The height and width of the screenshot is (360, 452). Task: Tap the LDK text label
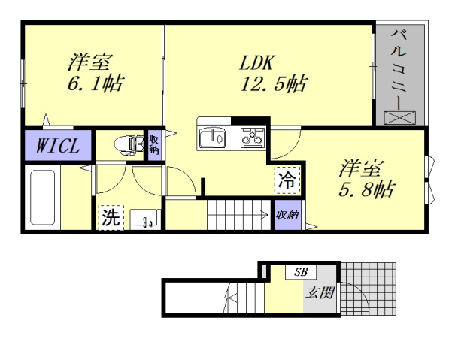coord(259,62)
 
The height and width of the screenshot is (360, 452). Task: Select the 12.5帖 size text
coord(272,83)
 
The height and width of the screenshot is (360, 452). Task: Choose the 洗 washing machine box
coord(110,219)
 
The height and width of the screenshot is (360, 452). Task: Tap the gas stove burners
coord(253,138)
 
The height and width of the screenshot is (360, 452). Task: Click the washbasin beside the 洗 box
coord(144,219)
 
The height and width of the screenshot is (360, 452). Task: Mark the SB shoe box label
coord(301,271)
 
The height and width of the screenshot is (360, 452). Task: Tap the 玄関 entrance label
coord(319,292)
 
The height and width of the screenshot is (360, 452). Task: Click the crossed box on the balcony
coord(399,117)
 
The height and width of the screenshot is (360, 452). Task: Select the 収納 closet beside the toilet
coord(154,143)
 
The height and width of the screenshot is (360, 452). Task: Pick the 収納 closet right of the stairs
coord(287,215)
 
